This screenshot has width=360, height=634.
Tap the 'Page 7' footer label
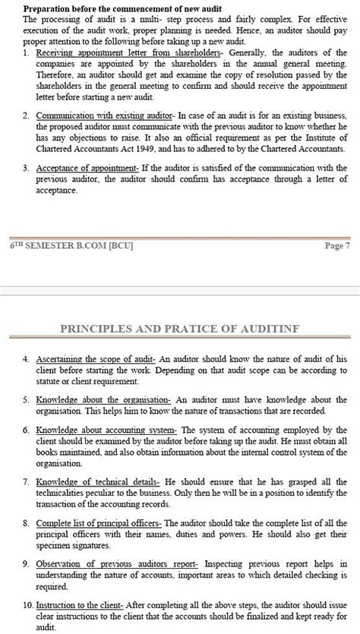(x=336, y=245)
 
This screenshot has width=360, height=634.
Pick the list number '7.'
(x=27, y=481)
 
